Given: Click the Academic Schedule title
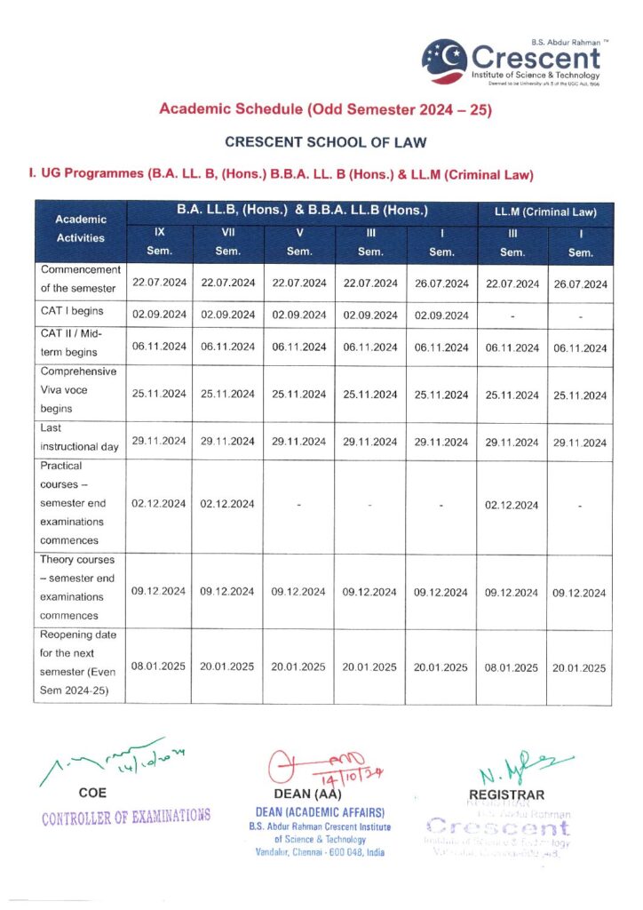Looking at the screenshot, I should coord(325,110).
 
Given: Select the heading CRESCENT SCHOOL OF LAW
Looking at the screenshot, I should coord(325,141).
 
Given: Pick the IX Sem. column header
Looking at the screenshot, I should coord(159,242).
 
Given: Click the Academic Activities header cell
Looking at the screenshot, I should coord(81,228).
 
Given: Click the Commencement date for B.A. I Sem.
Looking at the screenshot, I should coord(441,284).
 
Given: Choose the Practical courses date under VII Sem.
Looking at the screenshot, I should coord(228,504).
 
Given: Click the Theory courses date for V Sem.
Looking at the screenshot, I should coord(299,592).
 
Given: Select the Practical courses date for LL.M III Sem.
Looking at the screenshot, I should coord(512,505).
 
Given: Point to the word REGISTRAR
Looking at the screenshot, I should coord(507,794).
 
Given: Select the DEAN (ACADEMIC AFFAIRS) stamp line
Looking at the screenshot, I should coord(319,812).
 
